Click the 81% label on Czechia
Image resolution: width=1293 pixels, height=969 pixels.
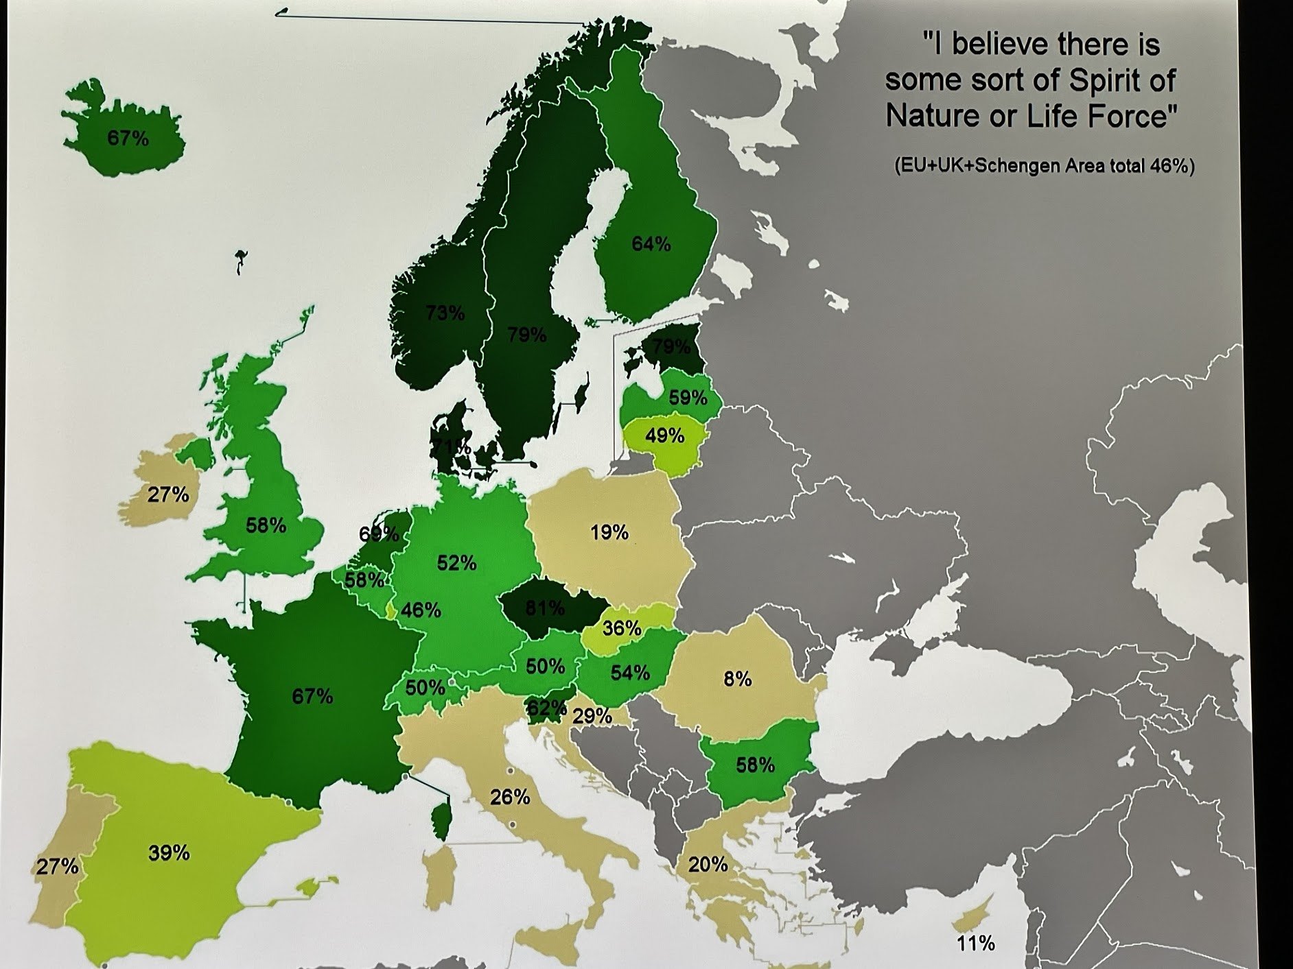coord(545,608)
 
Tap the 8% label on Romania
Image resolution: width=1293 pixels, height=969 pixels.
coord(738,679)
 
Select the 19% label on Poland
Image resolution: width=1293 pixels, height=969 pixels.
coord(609,532)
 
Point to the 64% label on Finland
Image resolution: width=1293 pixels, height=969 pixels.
coord(651,243)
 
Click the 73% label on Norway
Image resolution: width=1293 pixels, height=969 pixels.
coord(445,313)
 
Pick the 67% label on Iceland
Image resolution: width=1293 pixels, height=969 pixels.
coord(128,138)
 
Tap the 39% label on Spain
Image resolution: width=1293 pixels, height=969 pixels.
coord(169,852)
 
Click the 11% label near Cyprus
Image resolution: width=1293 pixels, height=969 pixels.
coord(975,944)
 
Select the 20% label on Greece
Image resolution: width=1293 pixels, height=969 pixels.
coord(708,864)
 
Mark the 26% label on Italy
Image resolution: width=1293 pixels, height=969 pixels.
coord(510,797)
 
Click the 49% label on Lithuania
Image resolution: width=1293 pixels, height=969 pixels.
coord(664,435)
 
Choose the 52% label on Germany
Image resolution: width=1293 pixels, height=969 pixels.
coord(456,563)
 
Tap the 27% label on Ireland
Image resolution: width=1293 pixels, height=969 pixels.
coord(168,494)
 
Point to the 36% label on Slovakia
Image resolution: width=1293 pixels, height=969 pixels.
coord(621,628)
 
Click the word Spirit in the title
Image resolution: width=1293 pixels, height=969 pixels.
coord(1102,81)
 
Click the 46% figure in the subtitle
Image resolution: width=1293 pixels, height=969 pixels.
coord(1171,166)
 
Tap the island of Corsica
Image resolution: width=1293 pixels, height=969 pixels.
coord(441,821)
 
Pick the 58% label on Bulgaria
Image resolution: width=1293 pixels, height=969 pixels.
coord(755,765)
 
